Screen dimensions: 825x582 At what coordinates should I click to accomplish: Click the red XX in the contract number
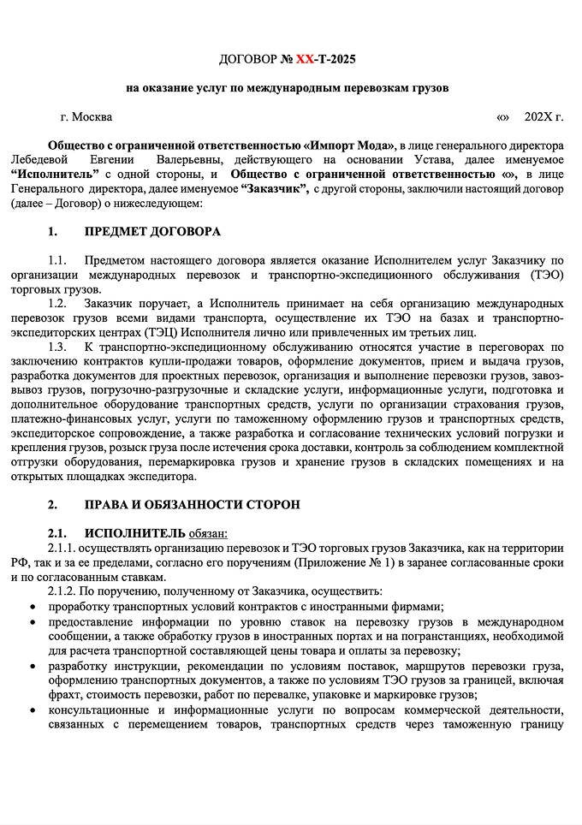pos(306,60)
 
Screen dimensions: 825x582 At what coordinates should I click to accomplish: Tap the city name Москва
pos(92,117)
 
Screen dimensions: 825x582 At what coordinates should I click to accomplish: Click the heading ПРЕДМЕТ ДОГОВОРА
pos(152,232)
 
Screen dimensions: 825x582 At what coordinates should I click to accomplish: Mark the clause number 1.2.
pos(57,304)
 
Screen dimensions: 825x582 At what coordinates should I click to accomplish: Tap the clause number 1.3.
pos(57,347)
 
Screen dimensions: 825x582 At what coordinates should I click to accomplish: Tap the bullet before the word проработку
pos(33,606)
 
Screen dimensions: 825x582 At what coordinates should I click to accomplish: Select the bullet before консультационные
pos(33,711)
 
